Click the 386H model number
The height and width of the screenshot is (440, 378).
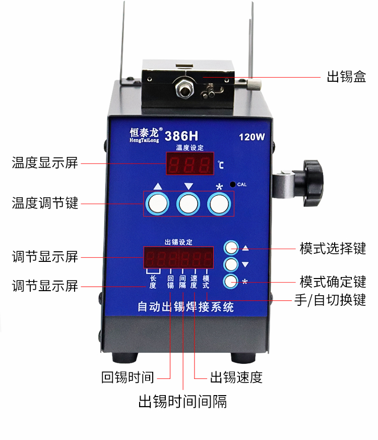181,136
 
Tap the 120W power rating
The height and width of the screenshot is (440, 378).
251,137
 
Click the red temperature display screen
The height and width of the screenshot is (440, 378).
190,163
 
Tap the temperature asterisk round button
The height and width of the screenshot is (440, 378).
219,204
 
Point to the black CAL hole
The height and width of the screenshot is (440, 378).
232,184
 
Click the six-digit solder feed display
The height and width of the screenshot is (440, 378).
178,258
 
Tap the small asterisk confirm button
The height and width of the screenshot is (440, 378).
231,282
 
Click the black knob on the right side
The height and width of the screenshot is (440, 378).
313,183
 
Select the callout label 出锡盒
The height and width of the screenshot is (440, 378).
346,77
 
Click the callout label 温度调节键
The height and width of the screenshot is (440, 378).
45,203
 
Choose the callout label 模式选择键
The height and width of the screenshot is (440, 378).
333,248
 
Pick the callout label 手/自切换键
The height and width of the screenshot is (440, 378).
330,300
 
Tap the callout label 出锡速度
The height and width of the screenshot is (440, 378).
236,377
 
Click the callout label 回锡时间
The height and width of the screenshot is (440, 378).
128,377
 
